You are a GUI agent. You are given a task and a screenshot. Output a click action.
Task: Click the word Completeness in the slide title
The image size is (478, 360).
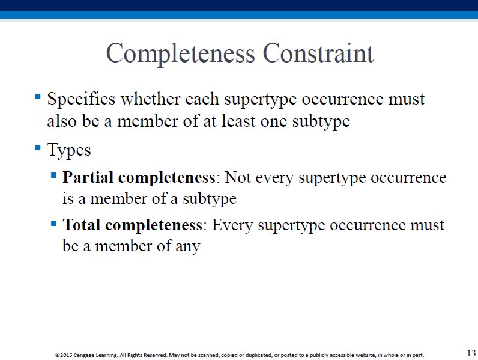[x=180, y=54]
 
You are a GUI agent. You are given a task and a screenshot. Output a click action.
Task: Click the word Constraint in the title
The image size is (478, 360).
[x=318, y=53]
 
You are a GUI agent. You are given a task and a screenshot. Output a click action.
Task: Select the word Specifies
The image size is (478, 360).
[x=81, y=99]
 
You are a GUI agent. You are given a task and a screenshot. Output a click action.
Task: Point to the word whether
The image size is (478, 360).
[x=150, y=99]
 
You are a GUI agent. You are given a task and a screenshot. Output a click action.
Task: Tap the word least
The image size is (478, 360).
[x=238, y=121]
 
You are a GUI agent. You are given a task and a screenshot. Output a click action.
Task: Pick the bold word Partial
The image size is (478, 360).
[x=88, y=177]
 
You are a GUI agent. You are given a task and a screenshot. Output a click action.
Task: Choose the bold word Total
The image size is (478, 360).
[x=82, y=225]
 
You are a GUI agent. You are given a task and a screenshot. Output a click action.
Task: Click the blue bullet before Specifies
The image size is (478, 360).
[x=38, y=97]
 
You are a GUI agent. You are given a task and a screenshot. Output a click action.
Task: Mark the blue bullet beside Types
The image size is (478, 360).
[x=38, y=148]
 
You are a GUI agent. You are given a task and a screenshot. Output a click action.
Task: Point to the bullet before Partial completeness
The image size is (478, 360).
[x=53, y=175]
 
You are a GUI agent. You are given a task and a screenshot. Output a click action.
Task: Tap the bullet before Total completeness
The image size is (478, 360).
[x=53, y=224]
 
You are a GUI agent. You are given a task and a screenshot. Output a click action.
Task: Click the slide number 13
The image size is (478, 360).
[x=471, y=353]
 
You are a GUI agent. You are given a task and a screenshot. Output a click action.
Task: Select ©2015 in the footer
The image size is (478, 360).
[x=64, y=355]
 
